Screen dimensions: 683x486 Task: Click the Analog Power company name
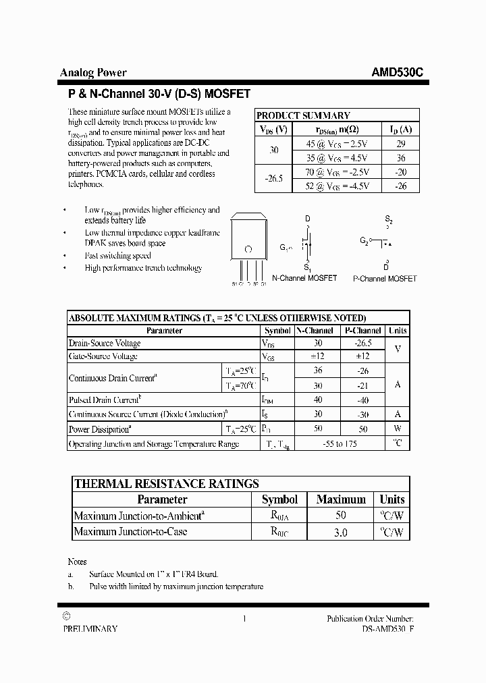pyautogui.click(x=93, y=73)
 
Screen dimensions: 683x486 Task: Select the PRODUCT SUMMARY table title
pyautogui.click(x=303, y=115)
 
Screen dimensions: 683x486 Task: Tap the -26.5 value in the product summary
pyautogui.click(x=274, y=179)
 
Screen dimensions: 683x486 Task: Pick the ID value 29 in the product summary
pyautogui.click(x=400, y=144)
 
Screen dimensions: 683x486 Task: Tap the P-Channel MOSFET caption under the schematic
pyautogui.click(x=385, y=278)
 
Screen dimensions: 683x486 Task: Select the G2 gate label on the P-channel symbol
pyautogui.click(x=364, y=240)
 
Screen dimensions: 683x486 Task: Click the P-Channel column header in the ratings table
pyautogui.click(x=362, y=331)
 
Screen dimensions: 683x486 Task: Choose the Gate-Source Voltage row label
pyautogui.click(x=103, y=356)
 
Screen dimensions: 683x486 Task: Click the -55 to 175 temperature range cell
pyautogui.click(x=339, y=444)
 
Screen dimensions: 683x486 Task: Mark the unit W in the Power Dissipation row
pyautogui.click(x=398, y=429)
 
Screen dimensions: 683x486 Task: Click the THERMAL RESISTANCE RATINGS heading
pyautogui.click(x=166, y=483)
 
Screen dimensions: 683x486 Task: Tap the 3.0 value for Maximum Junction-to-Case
pyautogui.click(x=341, y=532)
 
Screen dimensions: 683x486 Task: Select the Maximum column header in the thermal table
pyautogui.click(x=341, y=499)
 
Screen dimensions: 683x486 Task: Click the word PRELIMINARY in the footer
pyautogui.click(x=90, y=629)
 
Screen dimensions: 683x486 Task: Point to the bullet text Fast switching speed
pyautogui.click(x=117, y=256)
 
